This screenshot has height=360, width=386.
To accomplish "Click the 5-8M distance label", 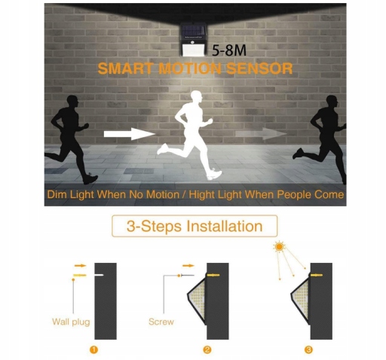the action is click(x=229, y=50).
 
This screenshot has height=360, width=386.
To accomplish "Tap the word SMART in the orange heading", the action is click(x=125, y=69).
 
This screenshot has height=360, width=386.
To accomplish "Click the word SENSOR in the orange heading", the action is click(x=259, y=69).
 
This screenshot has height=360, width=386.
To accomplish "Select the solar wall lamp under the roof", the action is click(x=193, y=40).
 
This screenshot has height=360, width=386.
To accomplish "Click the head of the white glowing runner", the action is click(x=196, y=96).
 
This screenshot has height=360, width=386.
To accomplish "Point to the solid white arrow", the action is click(x=130, y=134).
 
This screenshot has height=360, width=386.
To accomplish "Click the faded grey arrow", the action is click(x=261, y=133).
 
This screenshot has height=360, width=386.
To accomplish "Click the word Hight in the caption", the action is click(x=203, y=194).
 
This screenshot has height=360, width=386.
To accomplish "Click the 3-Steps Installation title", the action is click(x=195, y=226).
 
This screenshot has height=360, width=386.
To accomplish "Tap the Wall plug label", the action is click(x=71, y=322).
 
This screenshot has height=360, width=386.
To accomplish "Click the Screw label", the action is click(x=161, y=322).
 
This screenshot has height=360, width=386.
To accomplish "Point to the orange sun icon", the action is click(x=279, y=247).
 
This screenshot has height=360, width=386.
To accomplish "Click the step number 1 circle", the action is click(x=93, y=349).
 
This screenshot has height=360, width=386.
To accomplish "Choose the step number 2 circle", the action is click(x=207, y=349).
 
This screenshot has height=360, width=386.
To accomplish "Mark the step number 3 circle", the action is click(x=308, y=349).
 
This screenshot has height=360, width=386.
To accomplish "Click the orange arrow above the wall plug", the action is click(x=80, y=266).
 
